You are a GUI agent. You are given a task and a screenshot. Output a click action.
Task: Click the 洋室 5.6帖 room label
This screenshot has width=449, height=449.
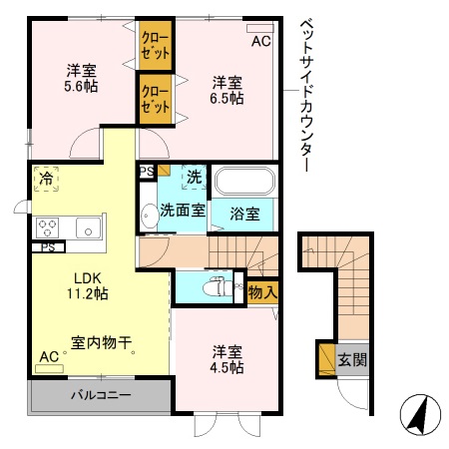tap(82, 78)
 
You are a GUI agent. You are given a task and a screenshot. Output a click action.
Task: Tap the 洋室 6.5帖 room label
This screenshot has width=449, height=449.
tap(227, 89)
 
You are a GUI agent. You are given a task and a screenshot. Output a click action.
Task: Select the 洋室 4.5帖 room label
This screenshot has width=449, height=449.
tap(227, 360)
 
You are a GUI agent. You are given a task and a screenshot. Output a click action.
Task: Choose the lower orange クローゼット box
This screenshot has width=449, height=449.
tap(155, 101)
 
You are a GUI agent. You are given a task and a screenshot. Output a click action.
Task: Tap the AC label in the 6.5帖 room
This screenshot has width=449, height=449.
tap(259, 41)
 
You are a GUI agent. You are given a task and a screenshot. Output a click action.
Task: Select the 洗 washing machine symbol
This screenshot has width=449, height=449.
tap(195, 178)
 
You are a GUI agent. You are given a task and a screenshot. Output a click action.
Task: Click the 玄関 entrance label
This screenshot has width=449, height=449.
tap(350, 359)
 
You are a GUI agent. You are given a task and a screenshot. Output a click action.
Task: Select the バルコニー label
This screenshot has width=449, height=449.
tap(100, 396)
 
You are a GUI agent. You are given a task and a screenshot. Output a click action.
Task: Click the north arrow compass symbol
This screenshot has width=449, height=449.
tap(418, 413)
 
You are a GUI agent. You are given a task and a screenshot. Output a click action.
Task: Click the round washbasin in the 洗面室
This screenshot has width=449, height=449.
tap(150, 213)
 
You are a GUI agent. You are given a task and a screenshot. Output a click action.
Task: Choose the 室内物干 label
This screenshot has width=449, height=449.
tap(103, 342)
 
